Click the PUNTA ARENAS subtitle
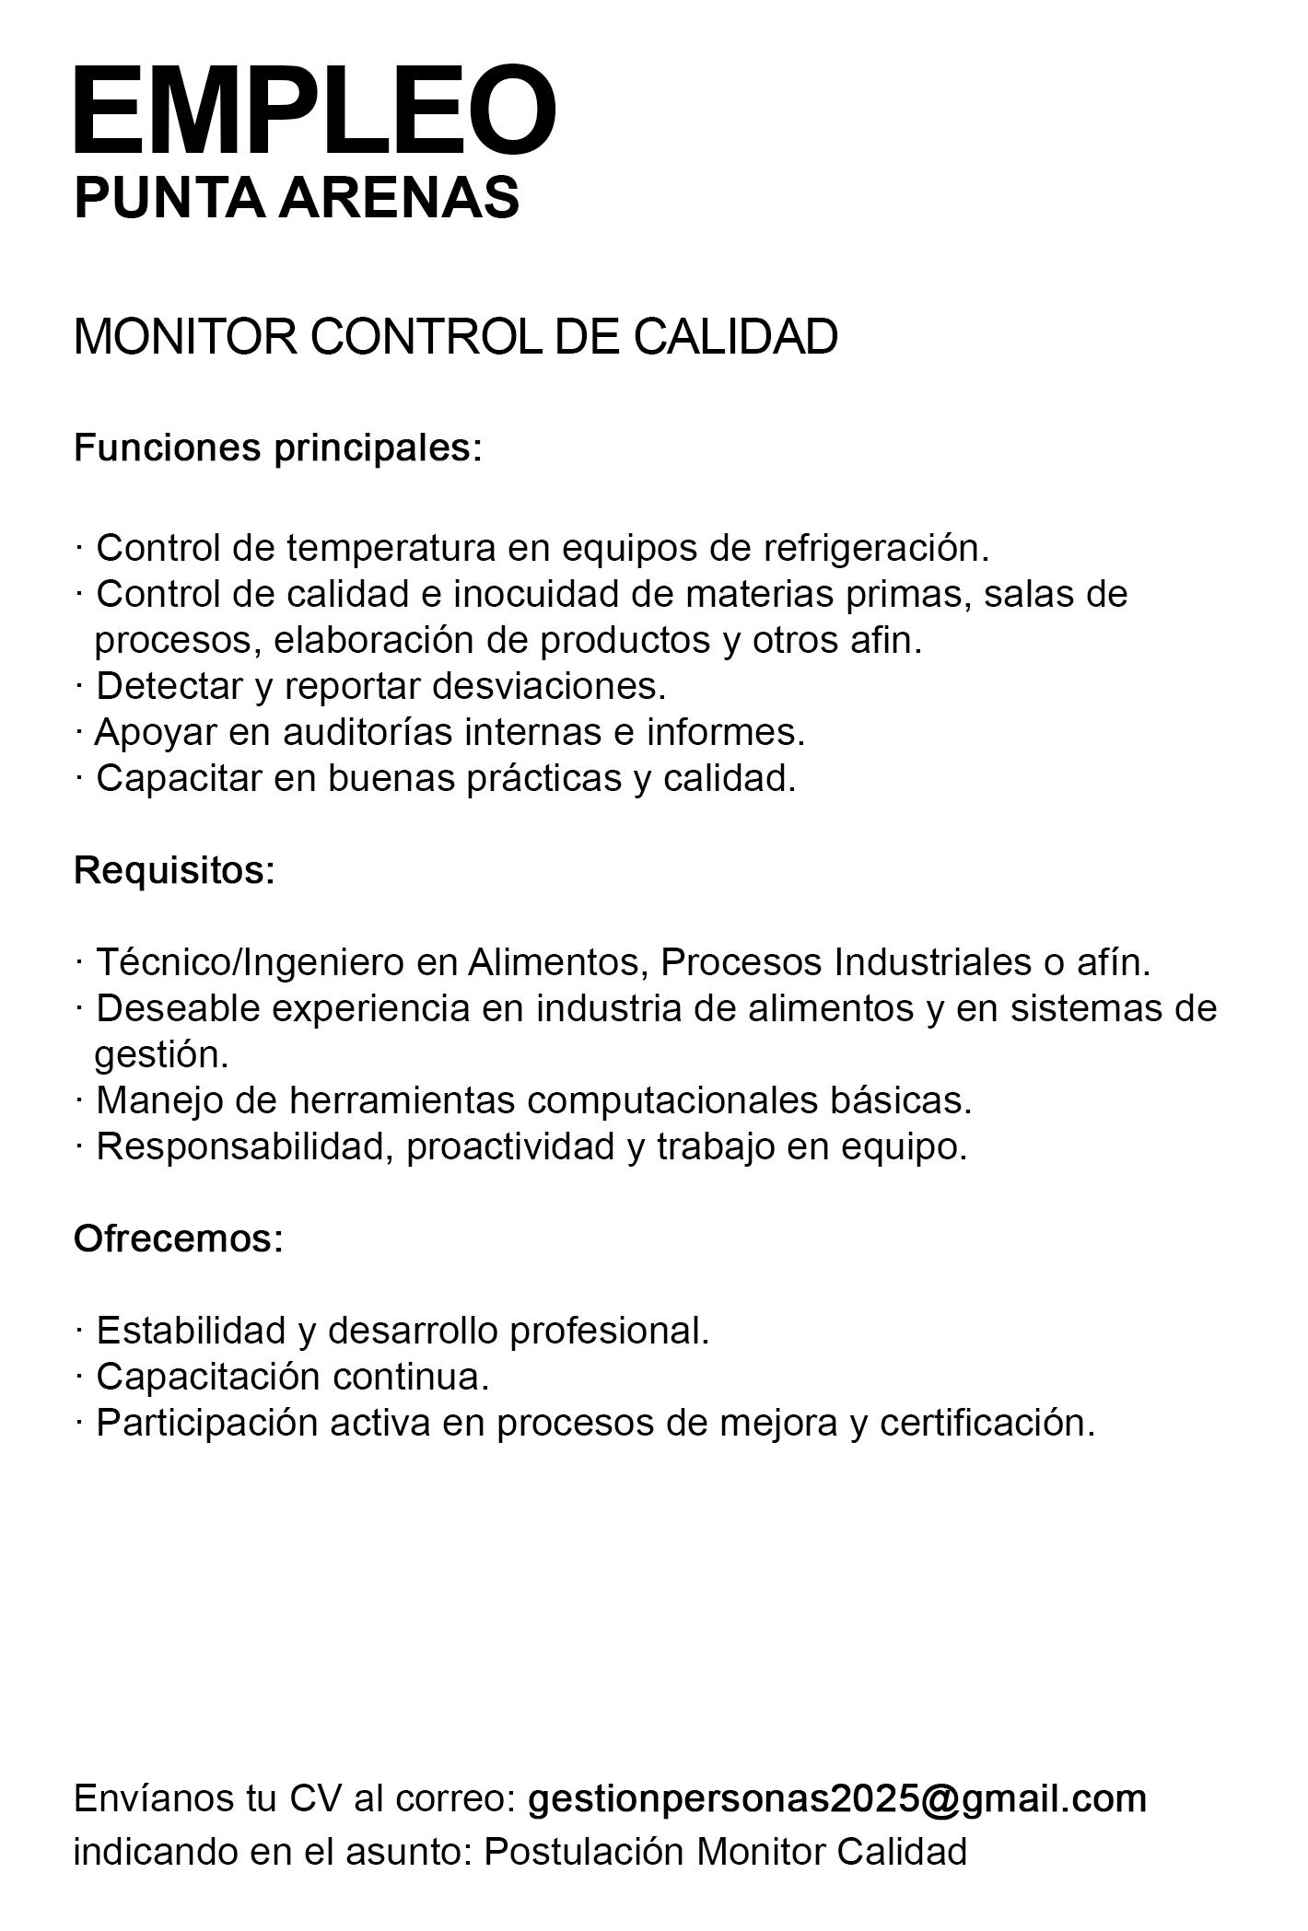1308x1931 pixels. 297,197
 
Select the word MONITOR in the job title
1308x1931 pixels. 185,336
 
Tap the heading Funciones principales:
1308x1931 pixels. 278,448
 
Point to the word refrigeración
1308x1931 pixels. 876,548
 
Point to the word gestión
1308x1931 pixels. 161,1054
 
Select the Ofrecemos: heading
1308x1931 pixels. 179,1239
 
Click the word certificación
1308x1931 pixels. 987,1423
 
